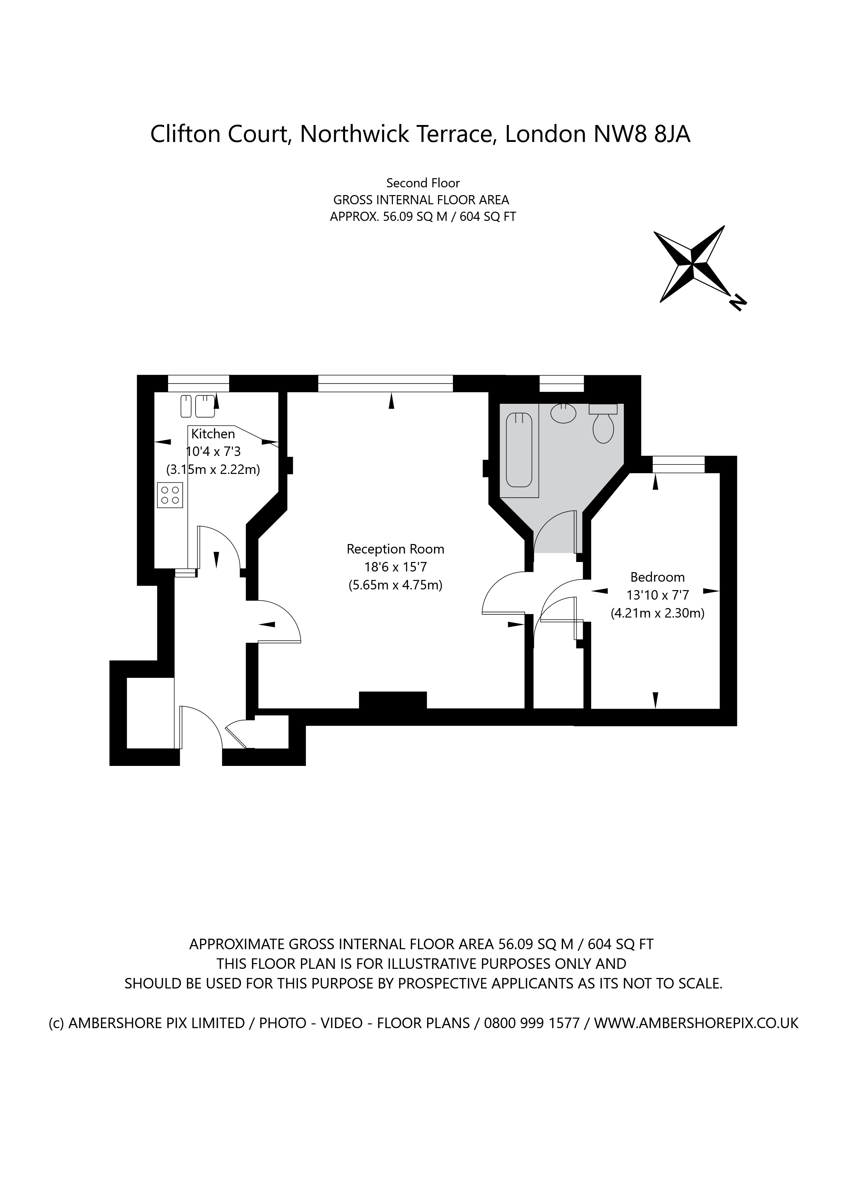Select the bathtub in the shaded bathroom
point(519,449)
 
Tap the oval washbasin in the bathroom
point(563,413)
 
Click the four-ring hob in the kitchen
point(170,494)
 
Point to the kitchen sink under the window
point(198,406)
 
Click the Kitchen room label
point(213,434)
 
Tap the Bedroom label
point(657,577)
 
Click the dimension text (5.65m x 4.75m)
point(395,585)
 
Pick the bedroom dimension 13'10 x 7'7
point(657,595)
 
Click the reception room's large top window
point(385,383)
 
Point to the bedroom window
point(678,464)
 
